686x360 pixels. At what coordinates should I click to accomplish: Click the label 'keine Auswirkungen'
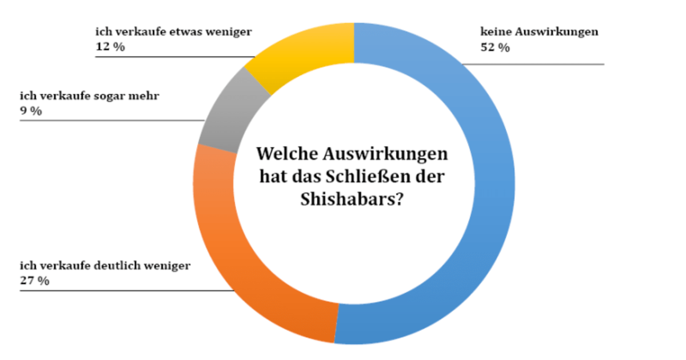[x=540, y=32]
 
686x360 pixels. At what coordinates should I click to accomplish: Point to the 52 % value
[x=495, y=48]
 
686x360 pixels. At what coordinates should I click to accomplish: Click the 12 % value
[x=110, y=47]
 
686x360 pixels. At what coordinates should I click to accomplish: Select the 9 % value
[x=31, y=111]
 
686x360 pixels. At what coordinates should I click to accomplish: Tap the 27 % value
[x=34, y=281]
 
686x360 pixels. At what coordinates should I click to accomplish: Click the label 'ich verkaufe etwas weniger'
[x=174, y=32]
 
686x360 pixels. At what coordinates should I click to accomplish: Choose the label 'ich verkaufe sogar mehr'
[x=90, y=95]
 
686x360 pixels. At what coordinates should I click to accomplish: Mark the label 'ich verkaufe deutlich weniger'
[x=105, y=265]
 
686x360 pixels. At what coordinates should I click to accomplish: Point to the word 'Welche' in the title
[x=286, y=155]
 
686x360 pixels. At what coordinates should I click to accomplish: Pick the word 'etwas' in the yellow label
[x=187, y=32]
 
